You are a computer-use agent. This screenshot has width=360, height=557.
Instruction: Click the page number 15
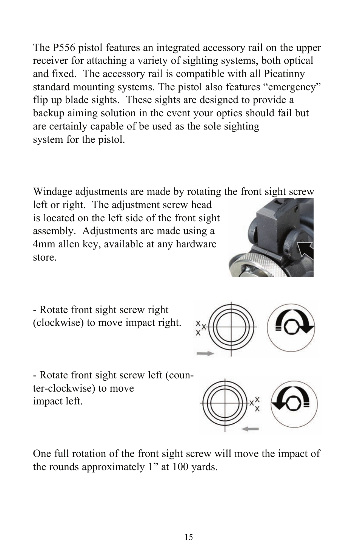(189, 537)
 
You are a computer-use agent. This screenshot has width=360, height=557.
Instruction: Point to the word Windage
(51, 192)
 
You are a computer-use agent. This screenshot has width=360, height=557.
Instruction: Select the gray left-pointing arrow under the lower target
(250, 428)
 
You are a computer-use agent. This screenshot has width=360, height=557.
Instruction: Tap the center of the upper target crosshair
(231, 327)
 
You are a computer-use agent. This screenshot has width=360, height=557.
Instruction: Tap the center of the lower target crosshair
(225, 403)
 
